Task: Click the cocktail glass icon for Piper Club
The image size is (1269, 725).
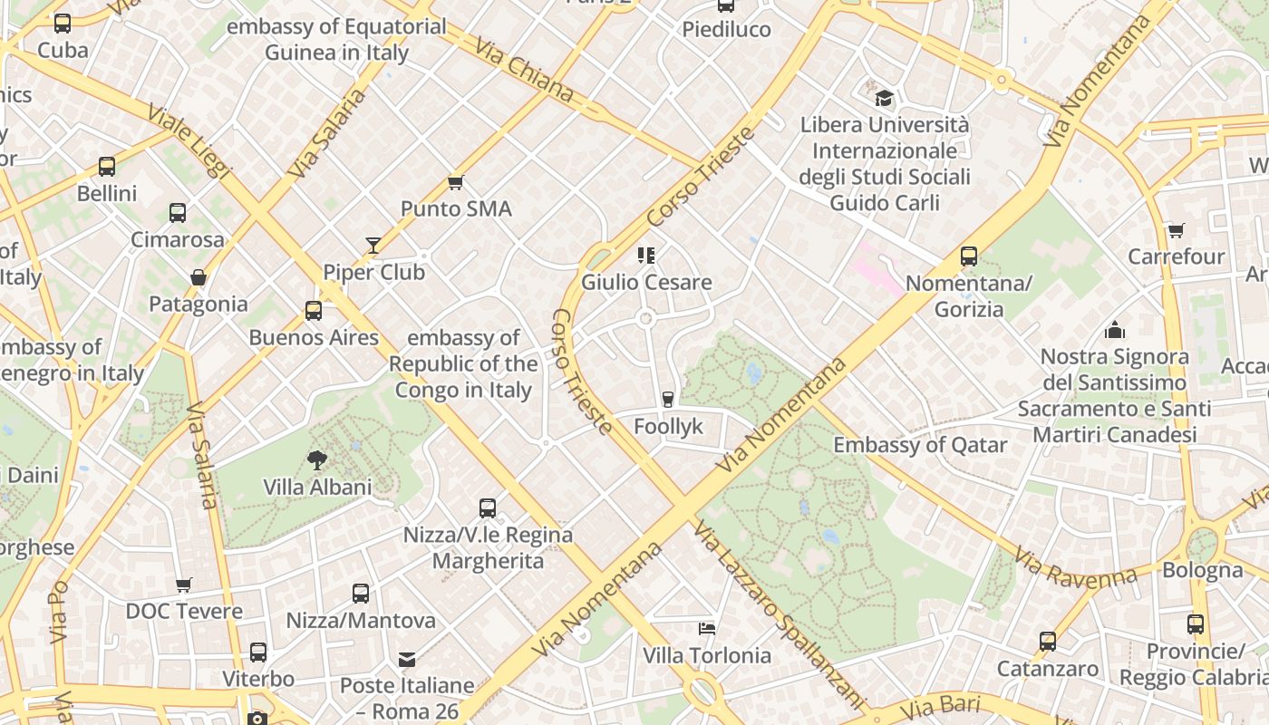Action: (373, 245)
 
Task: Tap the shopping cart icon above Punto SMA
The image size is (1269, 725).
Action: (456, 182)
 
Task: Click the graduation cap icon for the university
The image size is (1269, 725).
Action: (884, 97)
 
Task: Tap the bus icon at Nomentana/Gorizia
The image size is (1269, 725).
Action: (969, 256)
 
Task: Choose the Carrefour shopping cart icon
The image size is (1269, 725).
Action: (1176, 230)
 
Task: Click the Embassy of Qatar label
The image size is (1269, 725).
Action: (920, 445)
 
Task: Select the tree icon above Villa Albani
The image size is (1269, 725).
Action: (317, 460)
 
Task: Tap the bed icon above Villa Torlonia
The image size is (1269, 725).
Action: (707, 628)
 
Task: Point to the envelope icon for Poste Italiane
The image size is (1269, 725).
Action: (407, 659)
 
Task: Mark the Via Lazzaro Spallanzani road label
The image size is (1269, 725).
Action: (779, 613)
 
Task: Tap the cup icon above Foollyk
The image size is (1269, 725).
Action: (668, 399)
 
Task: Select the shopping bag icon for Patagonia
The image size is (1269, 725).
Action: (199, 277)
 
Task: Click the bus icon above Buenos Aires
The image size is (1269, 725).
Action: (314, 311)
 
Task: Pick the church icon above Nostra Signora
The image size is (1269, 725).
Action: (1114, 330)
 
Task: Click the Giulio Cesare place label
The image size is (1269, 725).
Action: (646, 283)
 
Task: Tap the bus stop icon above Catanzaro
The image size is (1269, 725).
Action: (1048, 642)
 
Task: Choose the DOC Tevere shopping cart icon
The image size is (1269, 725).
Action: (184, 585)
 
